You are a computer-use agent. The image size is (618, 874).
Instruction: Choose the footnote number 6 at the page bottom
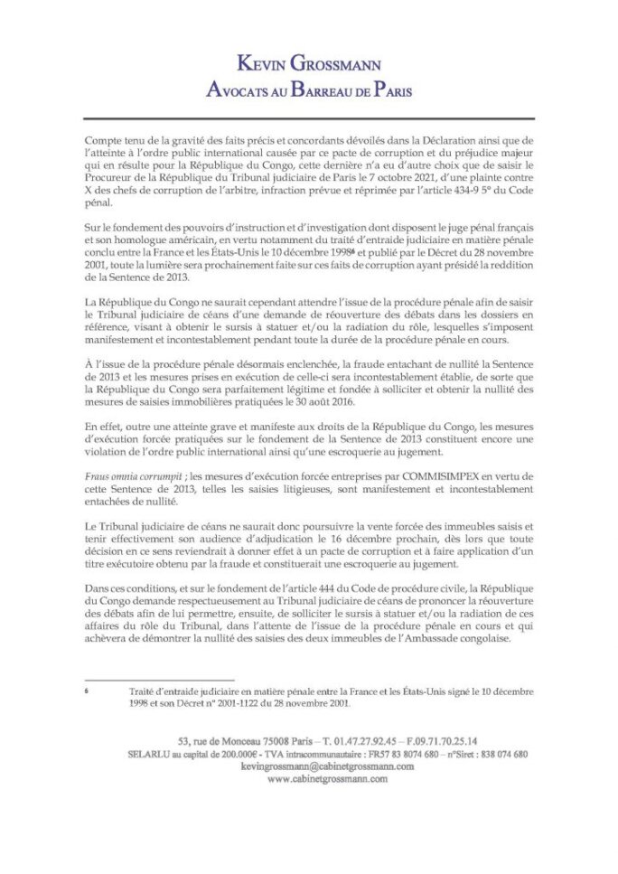pos(85,686)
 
